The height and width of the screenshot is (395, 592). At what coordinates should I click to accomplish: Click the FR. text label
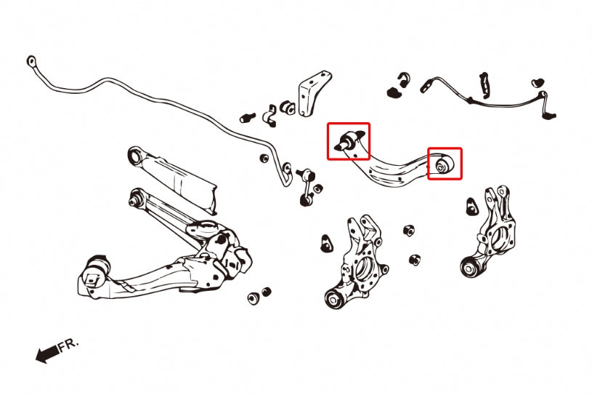click(x=68, y=345)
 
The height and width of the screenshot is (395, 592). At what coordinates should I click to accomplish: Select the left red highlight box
click(x=349, y=141)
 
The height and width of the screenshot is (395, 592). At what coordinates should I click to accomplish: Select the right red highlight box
click(x=445, y=163)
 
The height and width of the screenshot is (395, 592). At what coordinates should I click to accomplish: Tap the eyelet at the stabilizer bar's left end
click(x=32, y=61)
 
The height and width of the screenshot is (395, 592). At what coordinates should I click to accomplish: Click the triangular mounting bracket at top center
click(x=313, y=93)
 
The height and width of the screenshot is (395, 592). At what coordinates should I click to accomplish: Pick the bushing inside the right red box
click(x=444, y=164)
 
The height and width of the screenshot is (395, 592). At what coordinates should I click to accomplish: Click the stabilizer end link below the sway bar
click(x=307, y=187)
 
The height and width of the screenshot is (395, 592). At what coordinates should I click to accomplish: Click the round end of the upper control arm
click(x=135, y=155)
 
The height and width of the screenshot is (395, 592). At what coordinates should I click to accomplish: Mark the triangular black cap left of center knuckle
click(x=326, y=244)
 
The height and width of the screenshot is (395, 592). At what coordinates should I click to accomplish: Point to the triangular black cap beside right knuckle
click(x=472, y=207)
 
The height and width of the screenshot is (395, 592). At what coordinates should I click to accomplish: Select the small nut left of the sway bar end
click(x=264, y=158)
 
